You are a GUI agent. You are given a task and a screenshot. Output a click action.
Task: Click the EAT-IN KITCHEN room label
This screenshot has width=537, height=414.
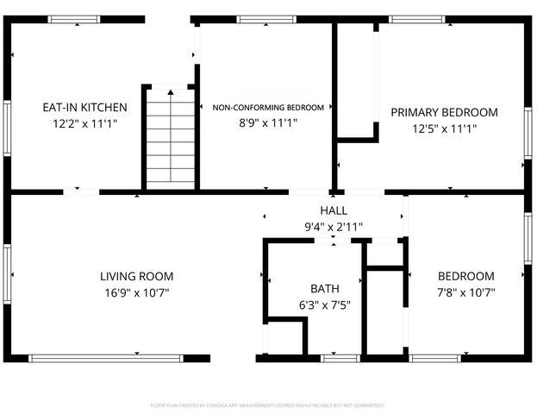point(85,108)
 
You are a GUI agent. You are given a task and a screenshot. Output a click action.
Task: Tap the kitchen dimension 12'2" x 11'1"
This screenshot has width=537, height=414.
point(85,124)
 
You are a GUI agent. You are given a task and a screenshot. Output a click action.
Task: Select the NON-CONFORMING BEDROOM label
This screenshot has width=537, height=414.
point(268,108)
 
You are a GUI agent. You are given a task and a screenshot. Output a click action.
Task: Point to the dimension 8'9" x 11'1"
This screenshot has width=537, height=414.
point(268,122)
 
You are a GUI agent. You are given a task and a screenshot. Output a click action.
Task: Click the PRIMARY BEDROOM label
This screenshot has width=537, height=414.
point(444,112)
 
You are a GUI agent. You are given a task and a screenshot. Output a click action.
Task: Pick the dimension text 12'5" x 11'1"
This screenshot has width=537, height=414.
point(444,129)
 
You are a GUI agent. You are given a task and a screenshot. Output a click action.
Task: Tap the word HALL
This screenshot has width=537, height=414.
point(334,211)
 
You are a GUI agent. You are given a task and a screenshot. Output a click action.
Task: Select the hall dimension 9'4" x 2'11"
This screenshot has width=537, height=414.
point(334,227)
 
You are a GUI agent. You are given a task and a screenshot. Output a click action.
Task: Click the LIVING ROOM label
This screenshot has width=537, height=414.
point(136,277)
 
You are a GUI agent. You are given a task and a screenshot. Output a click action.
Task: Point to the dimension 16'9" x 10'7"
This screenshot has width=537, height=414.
point(136,292)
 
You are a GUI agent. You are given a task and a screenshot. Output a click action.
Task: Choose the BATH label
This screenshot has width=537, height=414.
point(324,289)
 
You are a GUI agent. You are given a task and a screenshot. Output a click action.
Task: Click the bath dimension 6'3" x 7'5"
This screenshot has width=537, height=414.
point(324,304)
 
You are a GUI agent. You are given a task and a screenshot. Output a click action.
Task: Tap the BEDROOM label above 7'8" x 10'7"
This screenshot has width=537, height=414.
point(466,277)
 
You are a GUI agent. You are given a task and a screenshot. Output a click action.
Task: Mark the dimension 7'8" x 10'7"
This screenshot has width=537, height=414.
point(466,292)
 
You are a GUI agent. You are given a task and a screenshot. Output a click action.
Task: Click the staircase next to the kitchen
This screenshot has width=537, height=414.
point(170,138)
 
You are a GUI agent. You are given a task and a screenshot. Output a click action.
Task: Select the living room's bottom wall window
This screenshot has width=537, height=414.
point(106,357)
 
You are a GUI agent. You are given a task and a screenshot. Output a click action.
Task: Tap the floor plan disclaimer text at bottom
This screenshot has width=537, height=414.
point(267,404)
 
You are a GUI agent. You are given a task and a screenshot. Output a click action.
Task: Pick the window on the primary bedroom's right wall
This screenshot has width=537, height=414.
point(527,131)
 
